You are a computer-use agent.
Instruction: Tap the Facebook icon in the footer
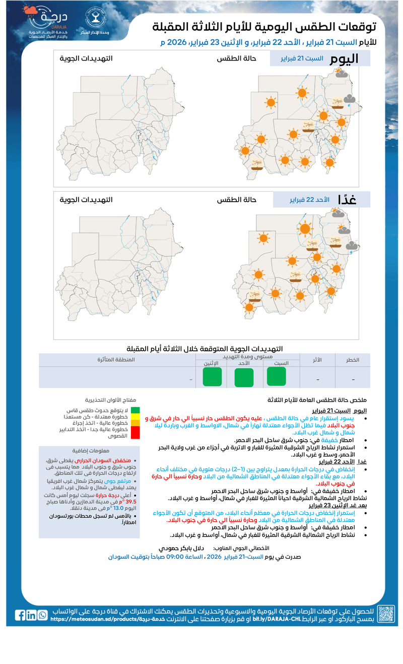[x=20, y=615]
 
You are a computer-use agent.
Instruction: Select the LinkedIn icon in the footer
[x=31, y=615]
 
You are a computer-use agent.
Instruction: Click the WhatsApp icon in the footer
[x=42, y=615]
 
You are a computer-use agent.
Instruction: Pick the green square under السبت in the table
[x=277, y=376]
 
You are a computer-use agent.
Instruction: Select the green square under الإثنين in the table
[x=212, y=377]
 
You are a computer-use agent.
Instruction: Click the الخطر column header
[x=352, y=359]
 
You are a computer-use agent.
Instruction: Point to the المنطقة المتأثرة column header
[x=116, y=359]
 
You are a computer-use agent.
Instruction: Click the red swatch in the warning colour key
[x=136, y=432]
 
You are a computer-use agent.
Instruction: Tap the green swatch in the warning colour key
[x=136, y=410]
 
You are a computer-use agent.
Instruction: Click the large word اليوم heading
[x=344, y=58]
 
